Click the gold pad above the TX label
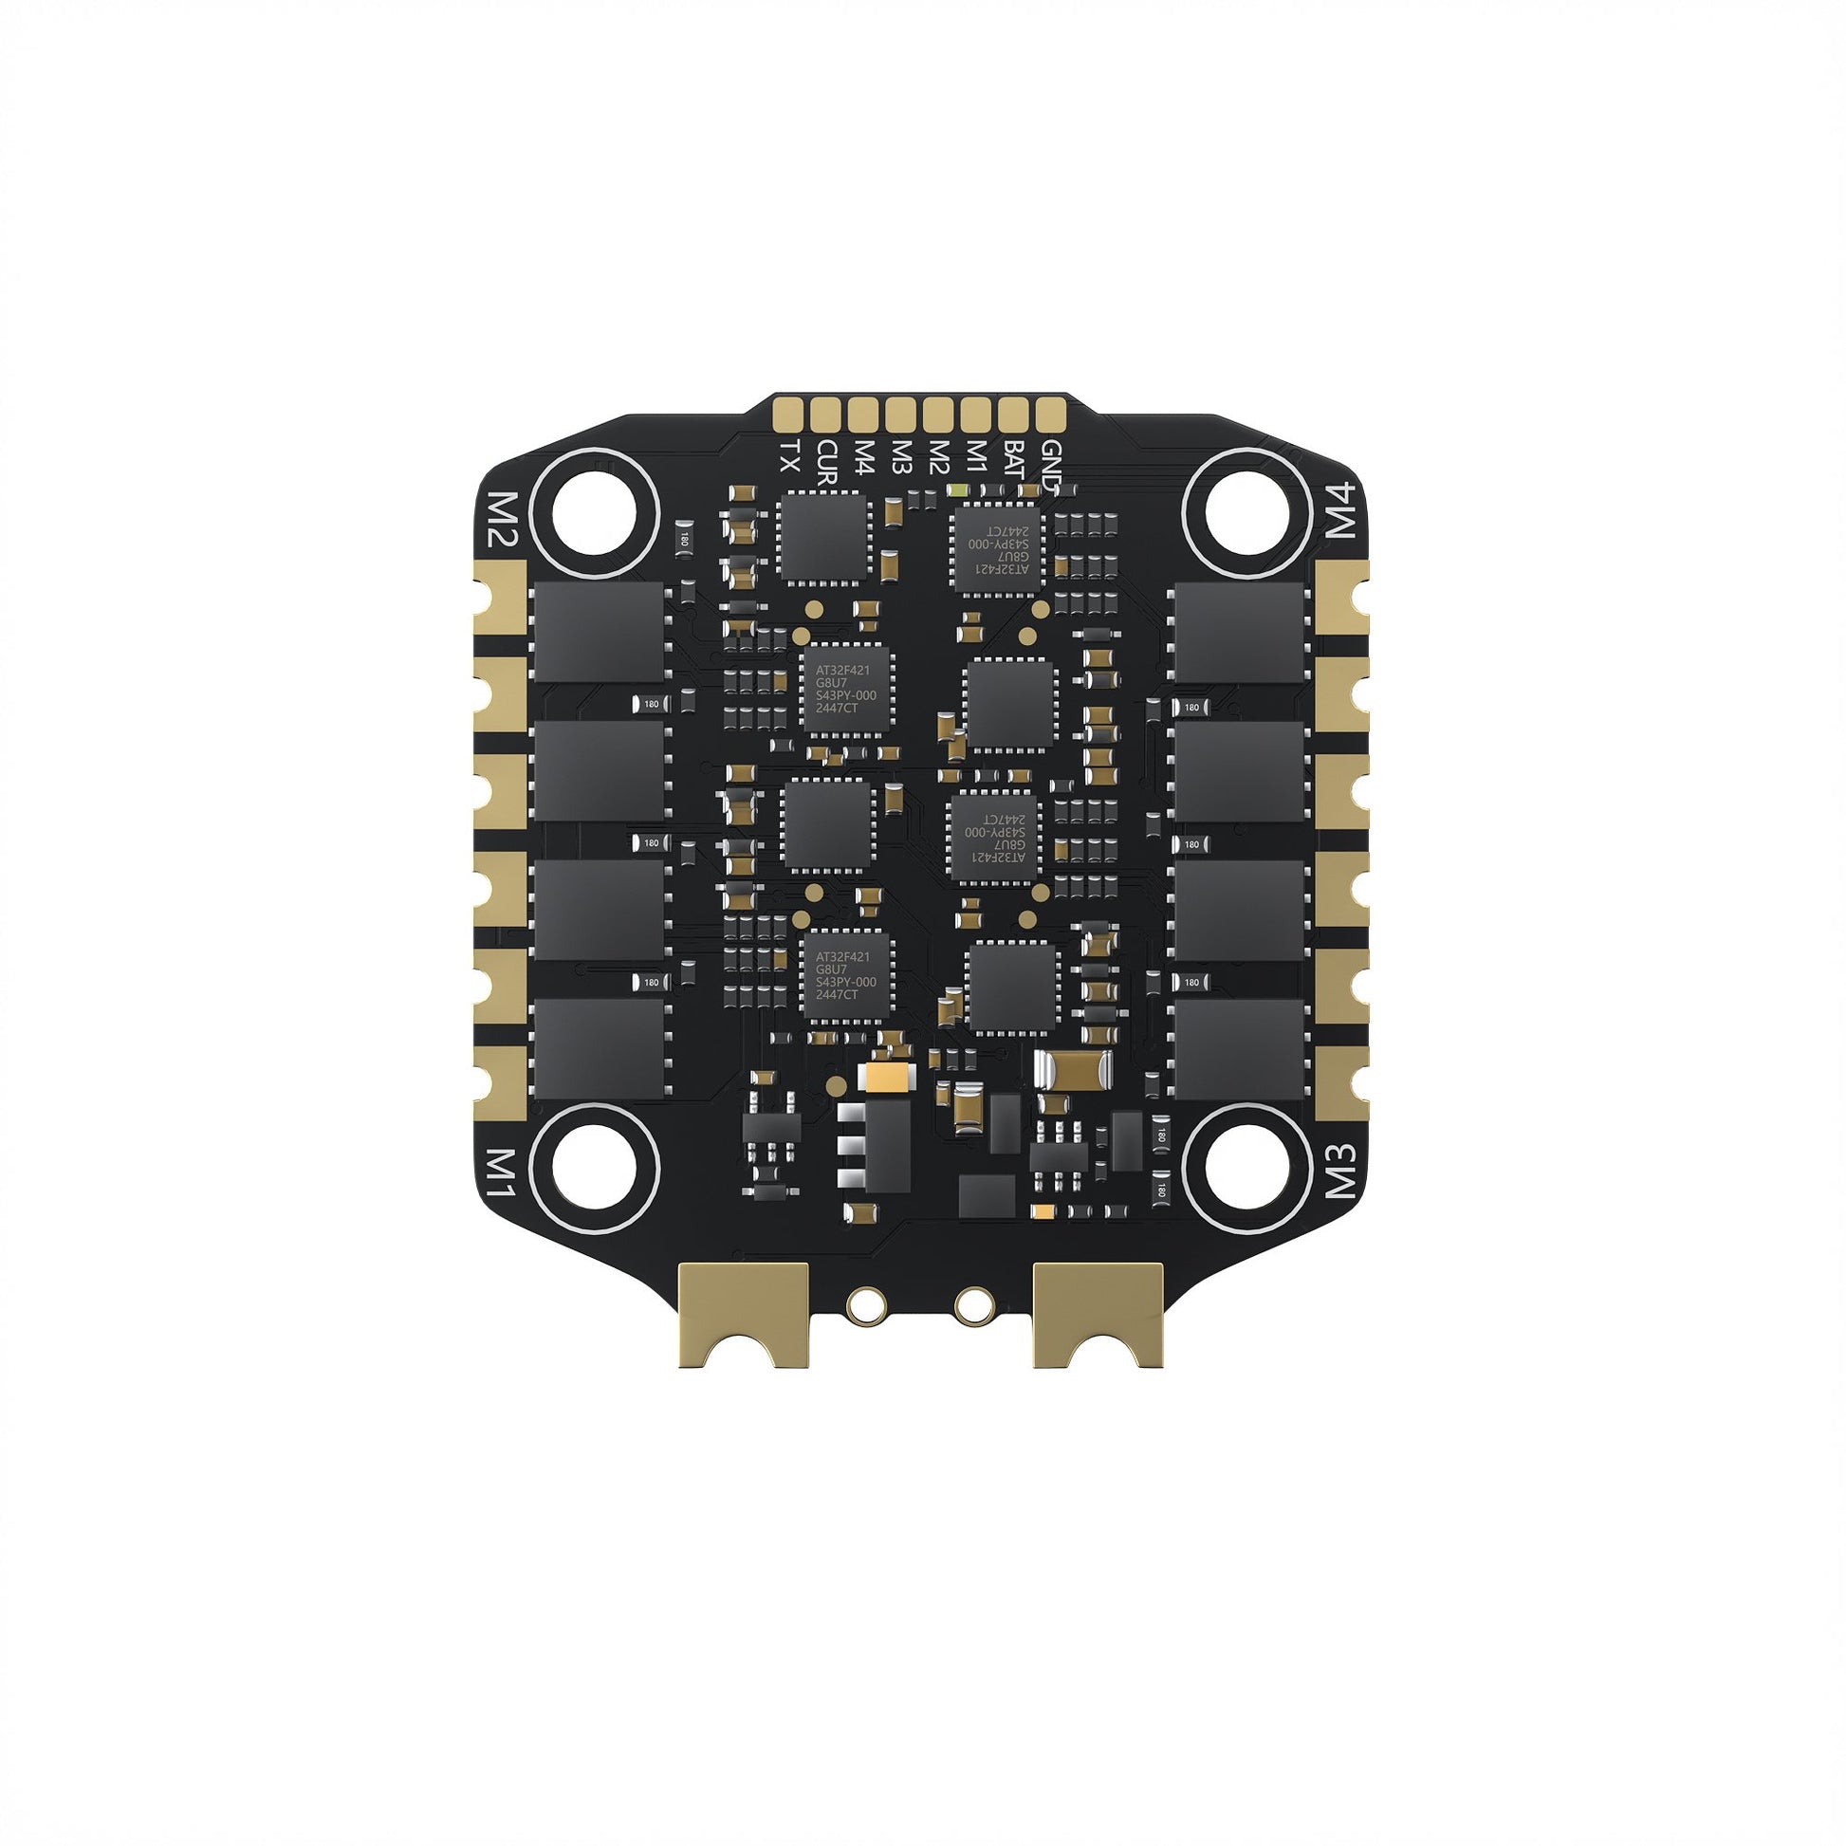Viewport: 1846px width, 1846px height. click(x=788, y=413)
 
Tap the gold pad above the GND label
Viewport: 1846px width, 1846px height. click(x=1050, y=413)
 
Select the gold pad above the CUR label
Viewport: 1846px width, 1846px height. click(x=825, y=413)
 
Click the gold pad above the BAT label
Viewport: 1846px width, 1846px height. click(x=1013, y=413)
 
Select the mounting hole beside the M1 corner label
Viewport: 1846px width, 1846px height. click(x=595, y=1165)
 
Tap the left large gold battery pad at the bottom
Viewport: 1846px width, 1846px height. click(x=743, y=1313)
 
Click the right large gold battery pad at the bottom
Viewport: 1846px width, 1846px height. click(x=1098, y=1313)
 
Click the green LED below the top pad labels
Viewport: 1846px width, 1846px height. click(x=958, y=490)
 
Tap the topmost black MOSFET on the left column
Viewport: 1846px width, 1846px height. click(x=599, y=632)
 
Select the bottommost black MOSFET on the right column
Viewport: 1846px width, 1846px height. click(x=1239, y=1048)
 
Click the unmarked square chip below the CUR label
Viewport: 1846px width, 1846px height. click(x=823, y=536)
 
